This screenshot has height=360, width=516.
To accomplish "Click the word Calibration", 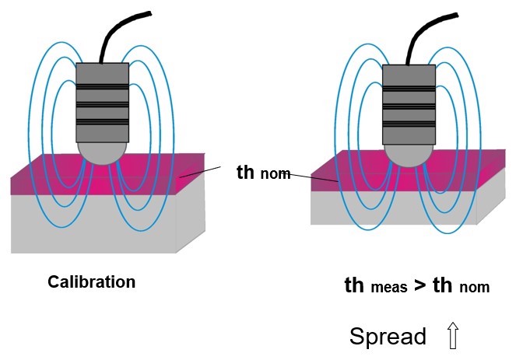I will point(91,281).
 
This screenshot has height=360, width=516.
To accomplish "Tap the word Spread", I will point(388,337).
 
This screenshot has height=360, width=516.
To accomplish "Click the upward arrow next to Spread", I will point(453,336).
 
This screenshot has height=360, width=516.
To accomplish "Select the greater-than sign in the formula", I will point(418,285).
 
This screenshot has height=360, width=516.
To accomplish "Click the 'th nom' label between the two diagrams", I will point(262,173).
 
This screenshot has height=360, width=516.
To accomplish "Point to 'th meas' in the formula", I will point(376,286).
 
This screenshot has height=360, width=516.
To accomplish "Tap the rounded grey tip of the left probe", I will point(100,152).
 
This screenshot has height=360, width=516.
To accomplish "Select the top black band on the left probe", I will point(101,85).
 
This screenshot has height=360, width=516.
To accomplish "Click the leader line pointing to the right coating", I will point(311,178).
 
